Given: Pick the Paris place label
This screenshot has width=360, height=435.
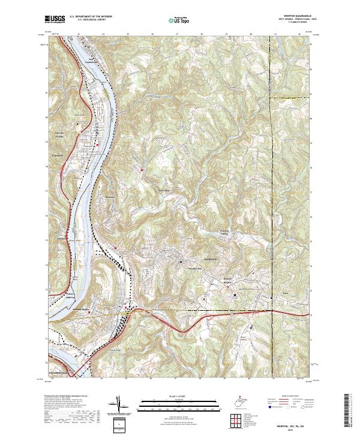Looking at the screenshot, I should tap(277, 293).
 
